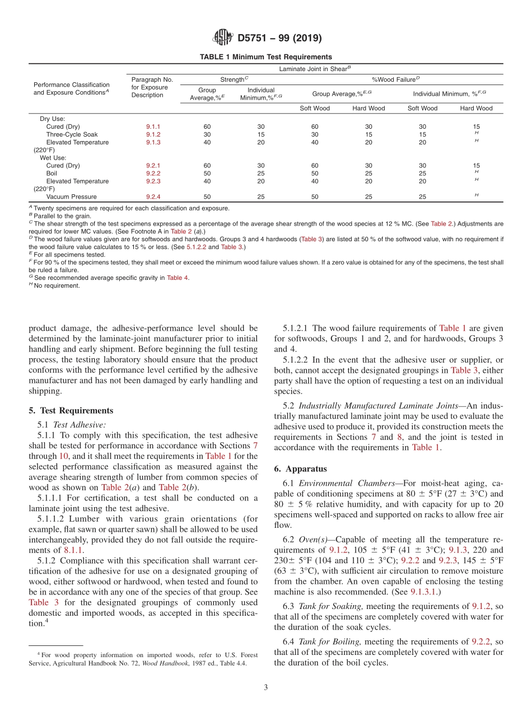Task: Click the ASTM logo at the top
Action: (x=223, y=38)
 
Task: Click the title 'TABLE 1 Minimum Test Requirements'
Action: (x=266, y=57)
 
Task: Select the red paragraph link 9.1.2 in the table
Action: (x=153, y=134)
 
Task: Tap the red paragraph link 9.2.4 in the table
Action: (x=153, y=197)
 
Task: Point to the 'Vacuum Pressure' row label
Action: (x=71, y=197)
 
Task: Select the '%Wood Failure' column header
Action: (x=396, y=79)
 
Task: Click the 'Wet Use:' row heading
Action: (x=53, y=158)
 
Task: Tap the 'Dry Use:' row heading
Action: (x=52, y=119)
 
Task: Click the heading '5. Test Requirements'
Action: (x=71, y=410)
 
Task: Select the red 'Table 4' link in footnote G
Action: (x=178, y=278)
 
